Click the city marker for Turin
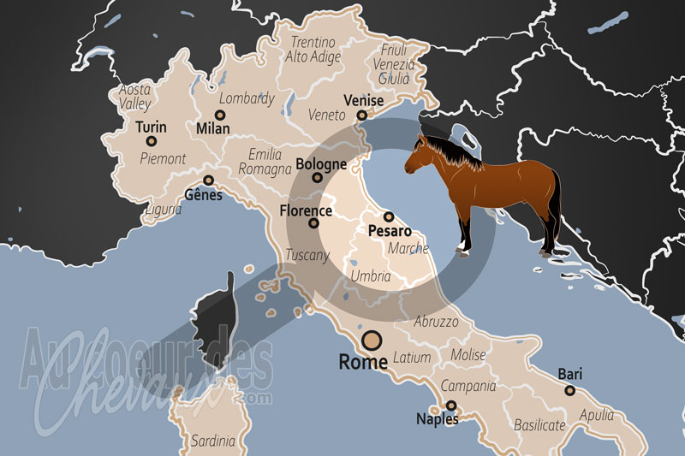coord(152,141)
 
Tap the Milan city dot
coord(220,114)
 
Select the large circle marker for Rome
coord(372,341)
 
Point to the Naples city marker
coord(450,406)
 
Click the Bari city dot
coord(569,390)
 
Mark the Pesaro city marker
coord(388,216)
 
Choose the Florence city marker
coord(313,223)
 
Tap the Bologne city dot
coord(318,178)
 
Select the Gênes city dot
coord(208,180)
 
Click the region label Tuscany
coord(307,255)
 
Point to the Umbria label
coord(371,276)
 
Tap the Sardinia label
coord(213,441)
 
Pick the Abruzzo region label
coord(436,322)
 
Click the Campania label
coord(468,386)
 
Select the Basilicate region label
coord(539,424)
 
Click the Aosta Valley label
coord(134,96)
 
